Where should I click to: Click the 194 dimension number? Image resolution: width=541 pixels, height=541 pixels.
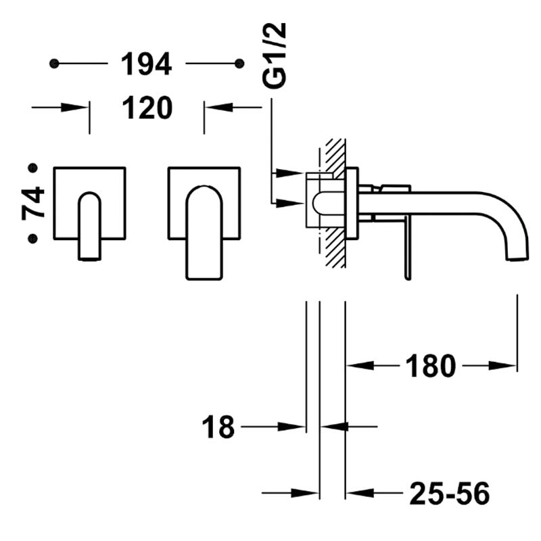tap(146, 64)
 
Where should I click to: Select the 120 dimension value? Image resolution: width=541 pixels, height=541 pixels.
tap(147, 108)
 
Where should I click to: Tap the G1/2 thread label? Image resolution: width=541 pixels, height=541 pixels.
tap(275, 55)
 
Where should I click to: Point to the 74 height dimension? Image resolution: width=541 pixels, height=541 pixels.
tap(33, 203)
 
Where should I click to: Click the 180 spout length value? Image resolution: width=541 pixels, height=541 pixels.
tap(431, 366)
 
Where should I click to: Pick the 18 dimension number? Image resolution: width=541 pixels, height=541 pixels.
tap(218, 427)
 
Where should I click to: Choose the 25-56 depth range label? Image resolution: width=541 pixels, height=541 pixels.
tap(450, 493)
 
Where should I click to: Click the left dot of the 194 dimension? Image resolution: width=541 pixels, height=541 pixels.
tap(54, 64)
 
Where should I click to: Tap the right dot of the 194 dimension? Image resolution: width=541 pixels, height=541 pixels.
tap(239, 64)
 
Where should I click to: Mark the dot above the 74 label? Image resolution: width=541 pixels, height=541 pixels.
tap(32, 168)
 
